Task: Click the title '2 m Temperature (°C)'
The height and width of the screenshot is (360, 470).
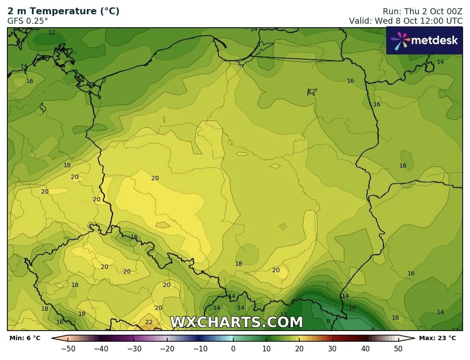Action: coord(64,11)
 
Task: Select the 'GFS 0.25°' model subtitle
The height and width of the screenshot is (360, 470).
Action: coord(28,21)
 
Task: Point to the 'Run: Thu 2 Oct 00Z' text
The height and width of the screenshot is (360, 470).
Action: coord(422,11)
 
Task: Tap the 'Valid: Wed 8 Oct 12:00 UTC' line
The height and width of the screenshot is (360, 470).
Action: coord(406,21)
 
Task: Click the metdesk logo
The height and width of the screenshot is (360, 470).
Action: coord(424,41)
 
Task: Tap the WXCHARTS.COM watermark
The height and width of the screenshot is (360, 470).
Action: coord(236,322)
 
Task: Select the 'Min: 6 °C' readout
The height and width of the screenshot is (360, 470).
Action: coord(25,338)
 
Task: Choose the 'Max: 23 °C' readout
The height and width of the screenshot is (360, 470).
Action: coord(437,338)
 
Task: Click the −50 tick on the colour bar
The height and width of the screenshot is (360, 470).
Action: coord(68,349)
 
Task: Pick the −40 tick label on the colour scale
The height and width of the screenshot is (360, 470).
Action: coord(101,349)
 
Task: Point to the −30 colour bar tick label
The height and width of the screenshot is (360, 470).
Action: coord(134,349)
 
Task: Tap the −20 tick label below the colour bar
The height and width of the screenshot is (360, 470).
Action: coord(167,349)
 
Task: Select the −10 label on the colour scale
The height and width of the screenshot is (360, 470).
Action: coord(200,349)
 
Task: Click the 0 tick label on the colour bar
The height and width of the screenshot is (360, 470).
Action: coord(233,349)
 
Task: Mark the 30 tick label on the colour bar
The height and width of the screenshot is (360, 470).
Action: coord(332,349)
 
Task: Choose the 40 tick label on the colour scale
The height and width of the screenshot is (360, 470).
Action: coord(365,349)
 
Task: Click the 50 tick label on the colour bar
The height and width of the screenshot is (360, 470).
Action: coord(398,349)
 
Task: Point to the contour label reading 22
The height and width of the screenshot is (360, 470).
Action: coord(149,322)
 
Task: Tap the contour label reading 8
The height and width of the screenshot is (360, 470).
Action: coord(328,321)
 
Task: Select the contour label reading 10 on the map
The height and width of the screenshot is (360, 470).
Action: coord(352,308)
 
